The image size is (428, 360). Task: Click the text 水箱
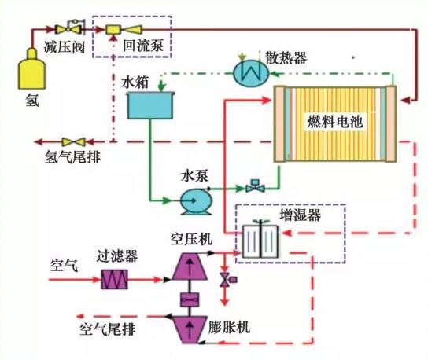(135, 81)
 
